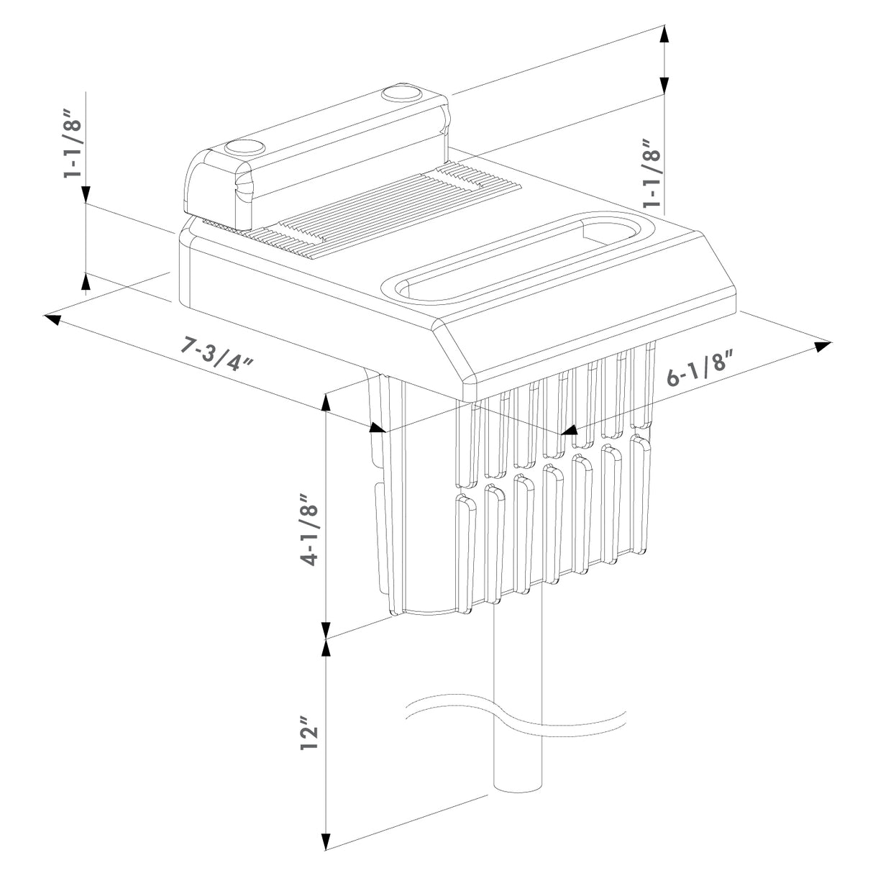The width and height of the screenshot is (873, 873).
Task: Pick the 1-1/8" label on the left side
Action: pyautogui.click(x=73, y=144)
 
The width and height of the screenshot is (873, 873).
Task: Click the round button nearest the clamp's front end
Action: pyautogui.click(x=242, y=147)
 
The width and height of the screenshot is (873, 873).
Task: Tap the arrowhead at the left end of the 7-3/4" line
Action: pyautogui.click(x=52, y=318)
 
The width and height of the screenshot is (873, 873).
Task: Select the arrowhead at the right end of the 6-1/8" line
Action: pyautogui.click(x=823, y=346)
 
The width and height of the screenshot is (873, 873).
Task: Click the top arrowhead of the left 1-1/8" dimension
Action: pyautogui.click(x=86, y=194)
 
